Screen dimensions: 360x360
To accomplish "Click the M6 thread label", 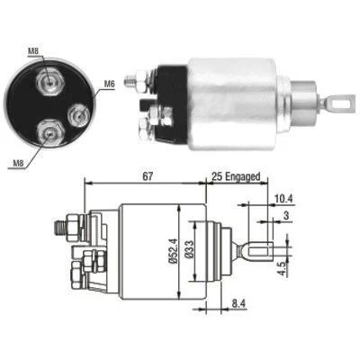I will click(x=110, y=85).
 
